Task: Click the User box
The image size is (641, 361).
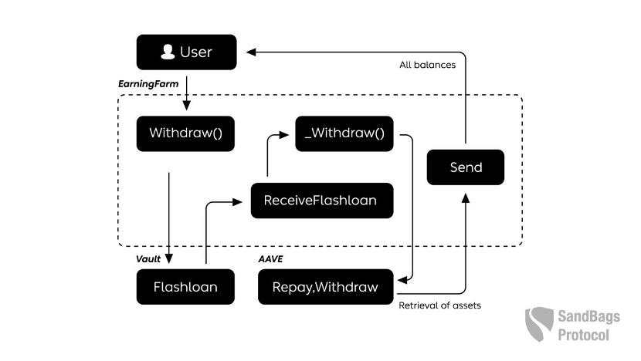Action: tap(186, 52)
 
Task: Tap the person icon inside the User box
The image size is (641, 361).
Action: tap(167, 52)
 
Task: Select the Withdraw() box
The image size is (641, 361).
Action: tap(185, 133)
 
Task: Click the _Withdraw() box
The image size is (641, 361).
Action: tap(344, 133)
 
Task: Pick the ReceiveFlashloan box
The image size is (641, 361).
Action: tap(320, 201)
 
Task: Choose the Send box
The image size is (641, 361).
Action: tap(465, 167)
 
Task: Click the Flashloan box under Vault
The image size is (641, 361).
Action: tap(185, 287)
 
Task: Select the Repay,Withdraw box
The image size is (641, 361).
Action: tap(325, 287)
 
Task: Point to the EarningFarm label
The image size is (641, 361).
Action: tap(143, 83)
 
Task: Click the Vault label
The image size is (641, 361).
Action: tap(148, 260)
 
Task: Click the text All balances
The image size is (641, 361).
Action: tap(427, 65)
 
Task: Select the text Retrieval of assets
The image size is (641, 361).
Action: tap(439, 305)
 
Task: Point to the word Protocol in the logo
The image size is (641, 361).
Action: tap(584, 335)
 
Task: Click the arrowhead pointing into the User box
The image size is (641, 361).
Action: tap(251, 52)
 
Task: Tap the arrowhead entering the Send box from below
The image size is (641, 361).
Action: tap(465, 197)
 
